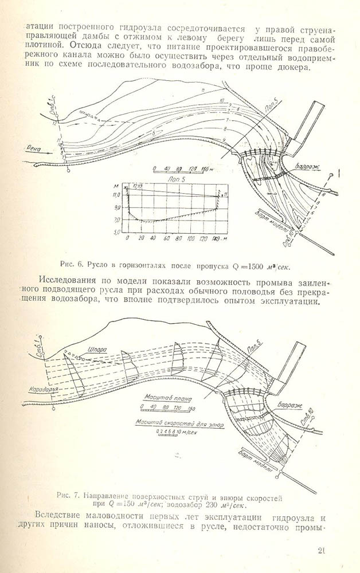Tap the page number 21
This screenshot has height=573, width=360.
[322, 551]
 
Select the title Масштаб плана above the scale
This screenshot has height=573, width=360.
[167, 398]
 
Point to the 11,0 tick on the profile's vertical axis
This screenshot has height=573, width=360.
[118, 195]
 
